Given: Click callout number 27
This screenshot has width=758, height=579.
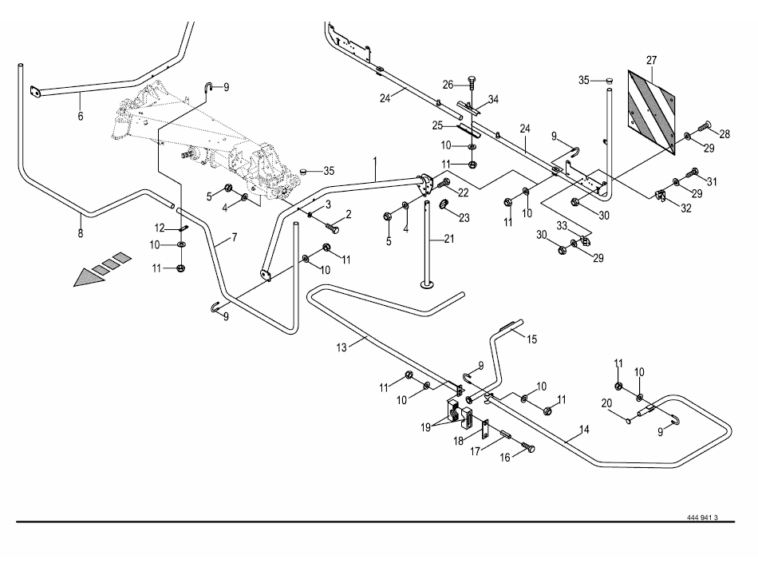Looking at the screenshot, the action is pyautogui.click(x=652, y=61).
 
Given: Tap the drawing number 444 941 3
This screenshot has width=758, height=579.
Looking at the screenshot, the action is pyautogui.click(x=702, y=518).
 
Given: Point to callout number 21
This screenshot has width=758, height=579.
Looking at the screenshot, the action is pyautogui.click(x=449, y=239).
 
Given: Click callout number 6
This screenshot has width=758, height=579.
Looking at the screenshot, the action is pyautogui.click(x=81, y=116).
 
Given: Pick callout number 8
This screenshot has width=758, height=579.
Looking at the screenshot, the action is pyautogui.click(x=81, y=234).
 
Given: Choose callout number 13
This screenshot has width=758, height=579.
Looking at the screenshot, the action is pyautogui.click(x=341, y=347).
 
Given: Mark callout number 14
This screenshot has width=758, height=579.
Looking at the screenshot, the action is pyautogui.click(x=584, y=430).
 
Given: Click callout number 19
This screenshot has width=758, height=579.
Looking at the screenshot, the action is pyautogui.click(x=425, y=427).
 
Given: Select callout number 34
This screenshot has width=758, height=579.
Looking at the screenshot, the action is pyautogui.click(x=494, y=100).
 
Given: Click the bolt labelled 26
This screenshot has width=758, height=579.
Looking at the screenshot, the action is pyautogui.click(x=472, y=86).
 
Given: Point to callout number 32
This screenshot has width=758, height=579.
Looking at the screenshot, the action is pyautogui.click(x=686, y=208).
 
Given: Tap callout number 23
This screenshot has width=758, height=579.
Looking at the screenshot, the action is pyautogui.click(x=464, y=218).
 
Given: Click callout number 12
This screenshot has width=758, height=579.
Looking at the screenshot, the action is pyautogui.click(x=160, y=228).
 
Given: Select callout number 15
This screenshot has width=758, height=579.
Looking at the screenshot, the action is pyautogui.click(x=531, y=339).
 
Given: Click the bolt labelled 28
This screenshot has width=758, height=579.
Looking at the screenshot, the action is pyautogui.click(x=705, y=128).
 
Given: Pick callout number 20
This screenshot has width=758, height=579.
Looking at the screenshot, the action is pyautogui.click(x=606, y=403).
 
